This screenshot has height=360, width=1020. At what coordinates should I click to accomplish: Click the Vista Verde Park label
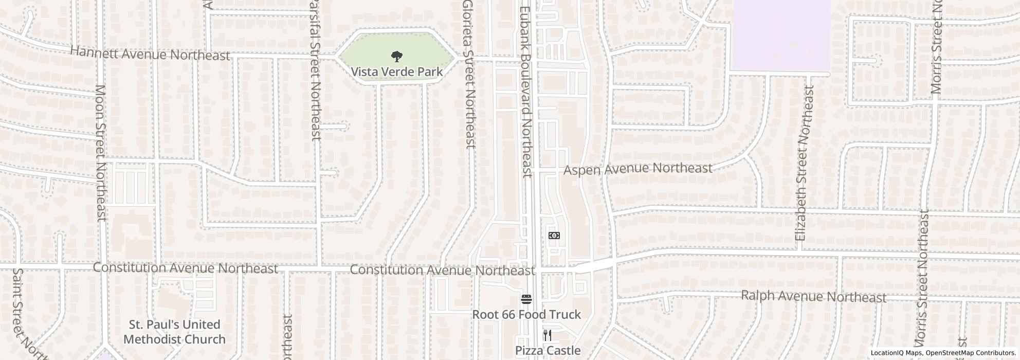pos(396,71)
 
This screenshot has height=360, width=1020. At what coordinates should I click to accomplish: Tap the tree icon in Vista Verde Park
pos(396,56)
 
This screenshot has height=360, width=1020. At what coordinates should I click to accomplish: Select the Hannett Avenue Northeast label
pos(150,53)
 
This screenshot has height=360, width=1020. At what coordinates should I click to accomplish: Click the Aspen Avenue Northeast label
pos(638,169)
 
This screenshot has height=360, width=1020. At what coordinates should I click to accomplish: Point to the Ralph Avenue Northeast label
pos(813,296)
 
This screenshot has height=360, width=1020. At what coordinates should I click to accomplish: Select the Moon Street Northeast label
pos(101,153)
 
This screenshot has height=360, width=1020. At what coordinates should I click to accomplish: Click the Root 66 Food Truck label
pos(526,314)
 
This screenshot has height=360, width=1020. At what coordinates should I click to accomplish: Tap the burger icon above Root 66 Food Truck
pos(526,299)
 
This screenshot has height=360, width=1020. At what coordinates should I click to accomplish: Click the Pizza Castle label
pos(548,351)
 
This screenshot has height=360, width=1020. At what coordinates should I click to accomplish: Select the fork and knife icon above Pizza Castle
pos(548,336)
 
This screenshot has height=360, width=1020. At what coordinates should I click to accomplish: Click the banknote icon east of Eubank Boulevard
pos(554,236)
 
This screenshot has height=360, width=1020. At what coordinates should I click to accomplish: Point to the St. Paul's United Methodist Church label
pos(174,332)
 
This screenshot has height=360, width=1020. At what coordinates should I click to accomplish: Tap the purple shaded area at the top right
pos(780,36)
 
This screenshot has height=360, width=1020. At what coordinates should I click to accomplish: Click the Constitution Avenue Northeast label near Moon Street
pos(185,268)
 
